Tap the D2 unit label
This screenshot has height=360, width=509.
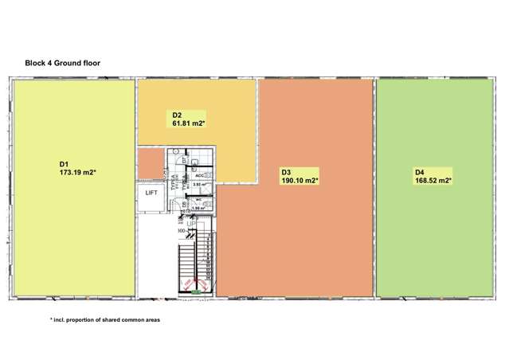point(178,115)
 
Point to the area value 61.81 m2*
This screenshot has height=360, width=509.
point(190,123)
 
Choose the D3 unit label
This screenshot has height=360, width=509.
point(286,171)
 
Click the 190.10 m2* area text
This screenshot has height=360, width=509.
point(300,180)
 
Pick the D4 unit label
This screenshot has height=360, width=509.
point(419,171)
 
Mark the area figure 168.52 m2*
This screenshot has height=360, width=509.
point(433,180)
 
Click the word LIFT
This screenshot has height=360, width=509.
point(151,192)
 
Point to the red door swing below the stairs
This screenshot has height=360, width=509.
point(188,285)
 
